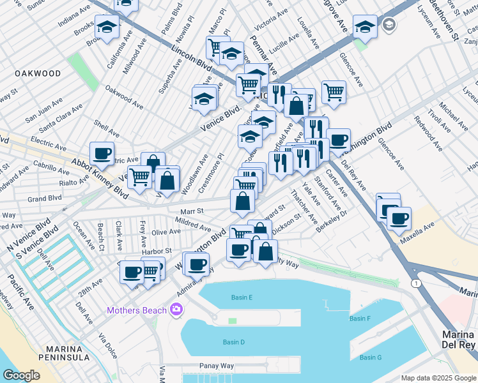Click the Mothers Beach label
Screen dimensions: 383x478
(137, 311)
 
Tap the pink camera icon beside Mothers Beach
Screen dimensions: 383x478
(176, 311)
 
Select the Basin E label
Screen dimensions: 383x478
(242, 297)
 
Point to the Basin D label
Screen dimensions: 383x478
(234, 342)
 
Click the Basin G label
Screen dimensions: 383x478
(371, 357)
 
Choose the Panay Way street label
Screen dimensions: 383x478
(217, 366)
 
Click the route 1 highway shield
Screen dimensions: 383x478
(416, 283)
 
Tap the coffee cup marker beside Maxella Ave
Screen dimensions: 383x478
(399, 218)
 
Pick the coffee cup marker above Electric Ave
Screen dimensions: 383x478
(102, 153)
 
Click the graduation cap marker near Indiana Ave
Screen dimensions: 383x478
(107, 27)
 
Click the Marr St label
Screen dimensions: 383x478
(191, 210)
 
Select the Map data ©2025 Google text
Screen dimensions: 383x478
(438, 378)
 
